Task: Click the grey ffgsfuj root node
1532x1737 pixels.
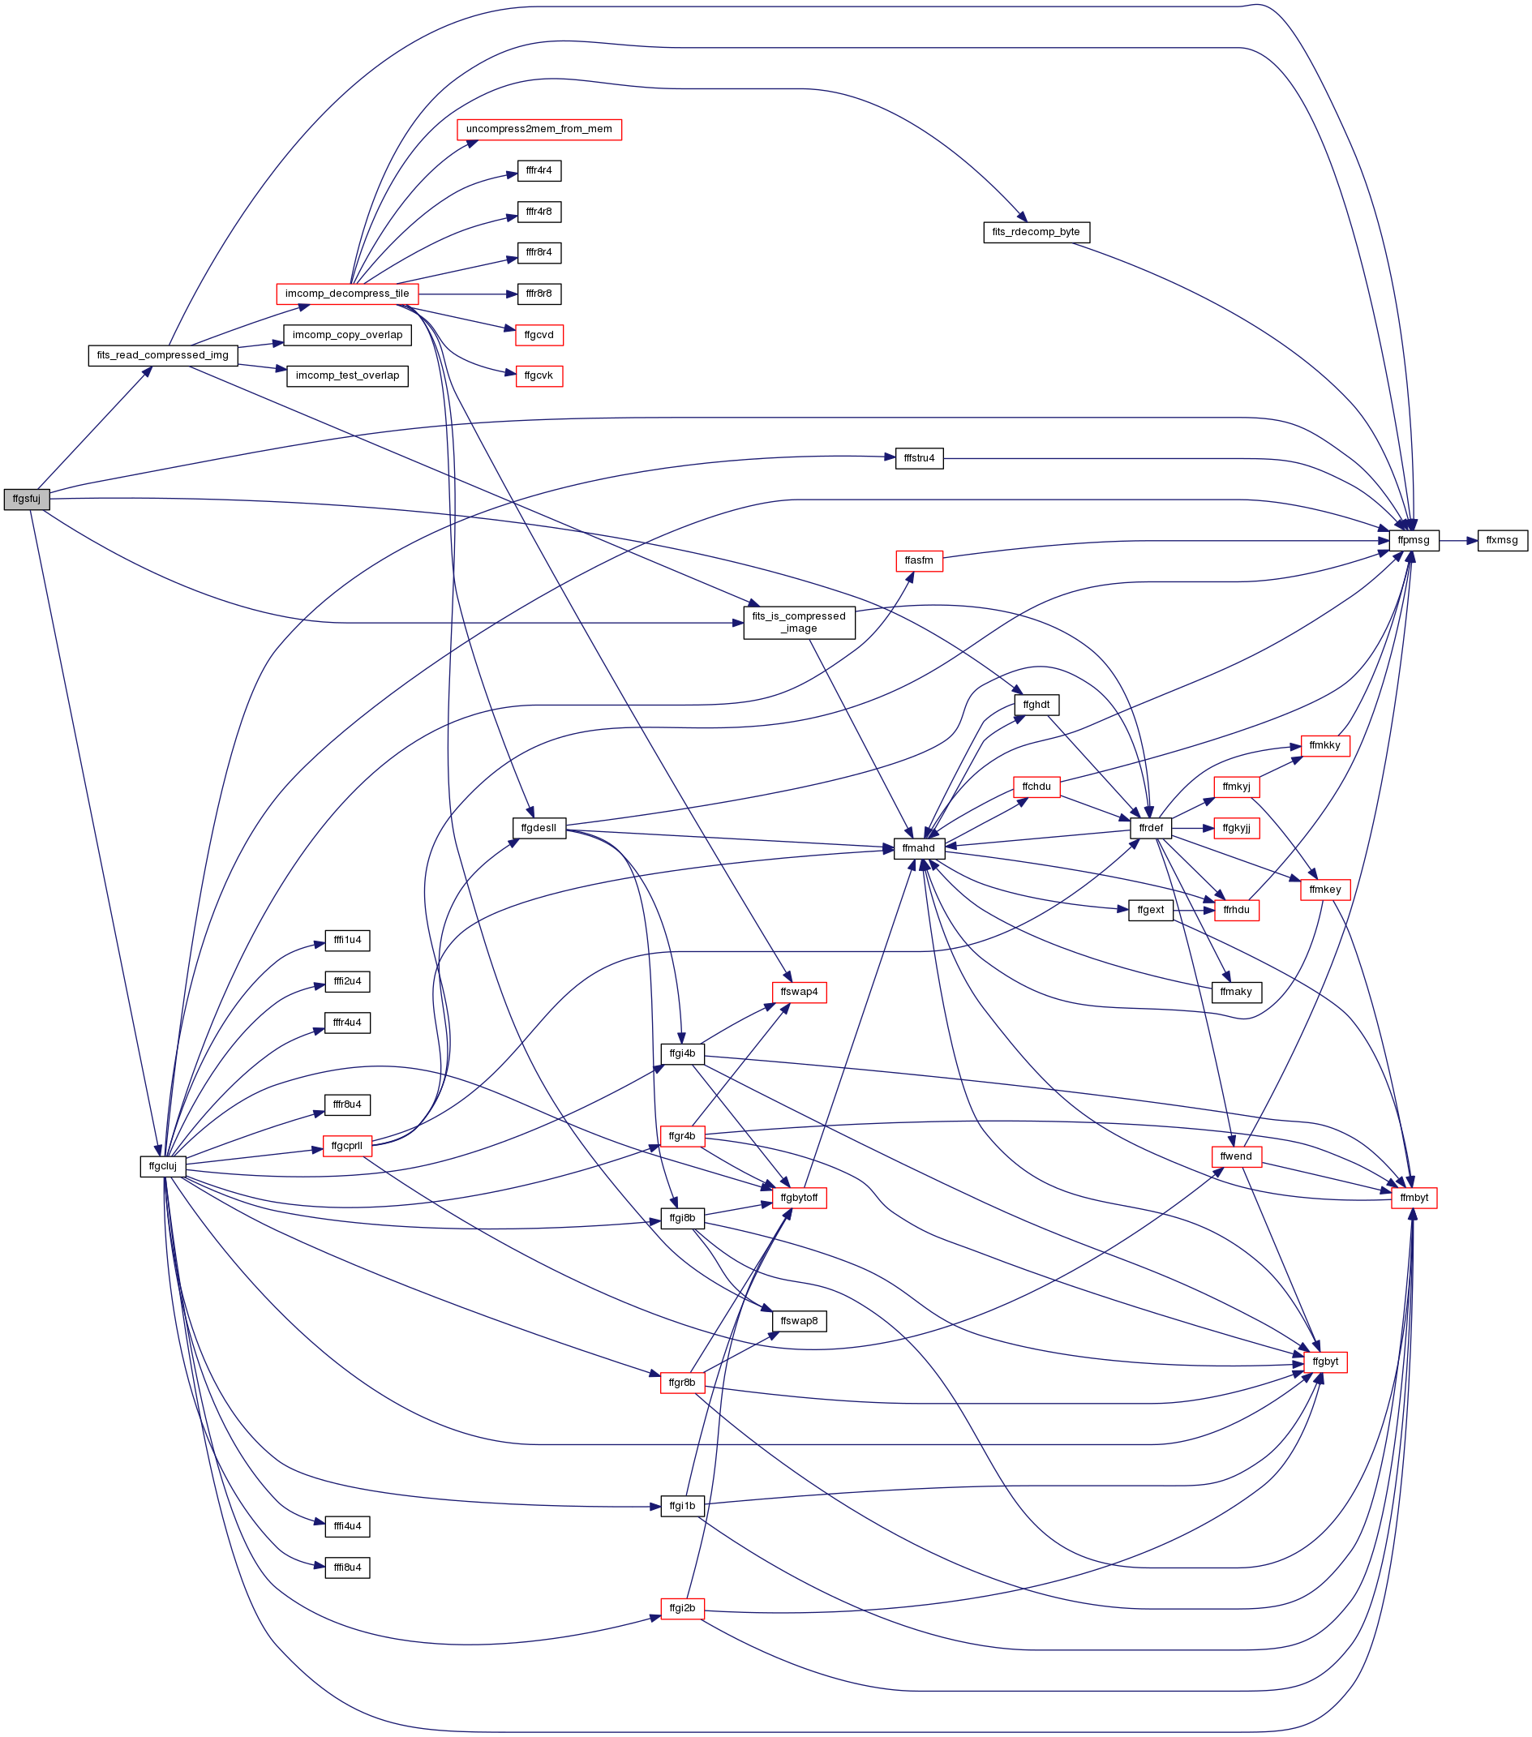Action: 26,499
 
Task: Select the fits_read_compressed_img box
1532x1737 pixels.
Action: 162,355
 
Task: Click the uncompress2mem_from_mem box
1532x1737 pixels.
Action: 539,130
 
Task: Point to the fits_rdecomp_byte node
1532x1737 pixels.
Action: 1036,232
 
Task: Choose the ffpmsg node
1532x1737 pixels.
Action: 1413,540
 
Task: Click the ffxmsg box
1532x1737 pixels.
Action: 1501,540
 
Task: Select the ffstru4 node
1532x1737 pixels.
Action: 919,459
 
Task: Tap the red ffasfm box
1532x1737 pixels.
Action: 919,561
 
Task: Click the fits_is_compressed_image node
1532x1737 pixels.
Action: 799,623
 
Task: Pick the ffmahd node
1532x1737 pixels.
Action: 919,848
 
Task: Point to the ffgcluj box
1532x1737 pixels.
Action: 162,1166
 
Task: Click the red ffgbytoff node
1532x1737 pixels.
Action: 799,1198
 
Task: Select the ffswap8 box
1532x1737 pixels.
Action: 799,1321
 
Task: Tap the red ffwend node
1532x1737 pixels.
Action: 1235,1156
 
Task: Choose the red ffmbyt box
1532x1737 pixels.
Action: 1414,1198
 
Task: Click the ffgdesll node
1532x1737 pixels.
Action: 539,828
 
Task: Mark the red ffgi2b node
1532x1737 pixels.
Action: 682,1608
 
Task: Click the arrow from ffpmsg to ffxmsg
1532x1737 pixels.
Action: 1458,540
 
